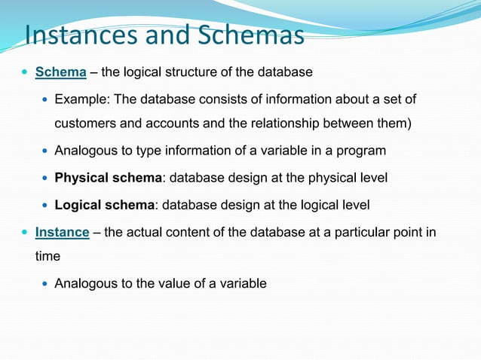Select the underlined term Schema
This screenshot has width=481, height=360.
coord(61,72)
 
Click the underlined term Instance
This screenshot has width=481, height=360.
coord(63,232)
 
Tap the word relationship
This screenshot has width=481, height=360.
coord(288,124)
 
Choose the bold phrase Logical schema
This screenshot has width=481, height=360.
coord(103,205)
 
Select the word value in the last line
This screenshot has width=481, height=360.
coord(176,284)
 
